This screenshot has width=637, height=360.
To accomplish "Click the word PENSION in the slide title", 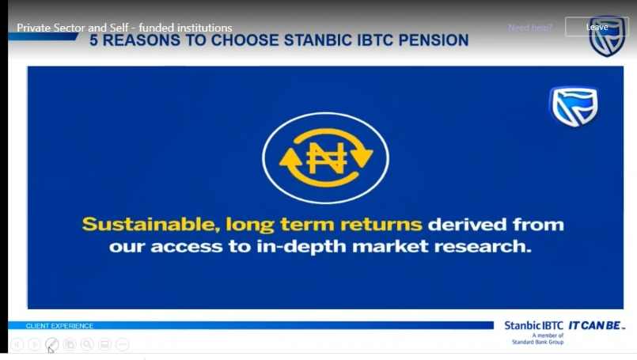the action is (x=434, y=40).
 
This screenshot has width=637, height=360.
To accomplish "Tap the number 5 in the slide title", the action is (x=93, y=40).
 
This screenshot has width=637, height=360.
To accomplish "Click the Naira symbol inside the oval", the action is (x=326, y=158).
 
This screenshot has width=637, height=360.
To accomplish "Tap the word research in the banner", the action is (x=482, y=246).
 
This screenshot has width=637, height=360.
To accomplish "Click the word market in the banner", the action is (x=390, y=246).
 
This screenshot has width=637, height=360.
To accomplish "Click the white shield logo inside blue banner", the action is (x=574, y=107).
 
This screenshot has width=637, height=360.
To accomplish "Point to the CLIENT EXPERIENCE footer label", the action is (x=59, y=326).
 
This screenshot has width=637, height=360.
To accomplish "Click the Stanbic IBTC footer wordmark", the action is (x=534, y=325).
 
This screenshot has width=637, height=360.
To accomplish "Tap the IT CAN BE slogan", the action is (x=596, y=325).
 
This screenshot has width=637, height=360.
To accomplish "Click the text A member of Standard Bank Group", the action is (x=538, y=339).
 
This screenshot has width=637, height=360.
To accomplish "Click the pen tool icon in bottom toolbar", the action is (x=51, y=344).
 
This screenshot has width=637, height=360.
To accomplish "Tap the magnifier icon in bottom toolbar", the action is (x=87, y=344).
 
